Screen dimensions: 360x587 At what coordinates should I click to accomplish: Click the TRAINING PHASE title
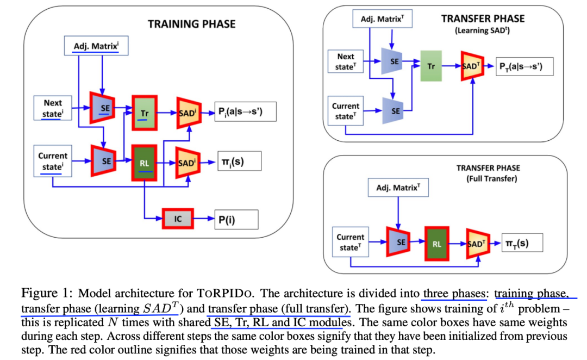click(x=192, y=24)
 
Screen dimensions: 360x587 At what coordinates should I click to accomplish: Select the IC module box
click(x=178, y=219)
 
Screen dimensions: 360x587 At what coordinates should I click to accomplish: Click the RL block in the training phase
click(x=145, y=162)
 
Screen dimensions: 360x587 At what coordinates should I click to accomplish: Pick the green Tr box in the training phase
click(x=145, y=113)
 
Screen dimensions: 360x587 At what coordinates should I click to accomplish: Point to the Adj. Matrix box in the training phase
click(x=96, y=46)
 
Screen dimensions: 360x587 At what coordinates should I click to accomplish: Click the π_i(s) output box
click(x=239, y=161)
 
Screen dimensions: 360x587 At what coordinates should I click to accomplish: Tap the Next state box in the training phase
click(x=53, y=108)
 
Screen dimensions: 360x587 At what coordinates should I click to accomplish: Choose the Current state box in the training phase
click(x=53, y=161)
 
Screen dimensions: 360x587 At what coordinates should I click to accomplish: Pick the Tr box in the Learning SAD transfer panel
click(x=431, y=66)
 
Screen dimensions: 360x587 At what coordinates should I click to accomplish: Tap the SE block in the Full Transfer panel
click(x=400, y=243)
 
